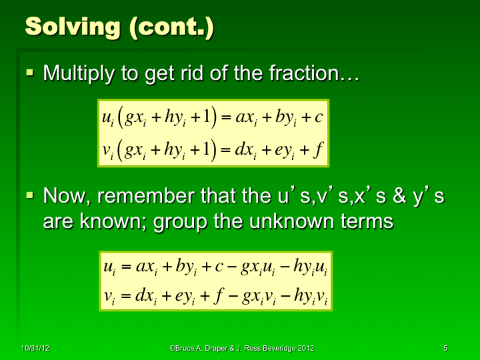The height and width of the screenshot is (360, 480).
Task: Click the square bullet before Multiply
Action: coord(29,71)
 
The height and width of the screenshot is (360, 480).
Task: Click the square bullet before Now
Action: coord(29,195)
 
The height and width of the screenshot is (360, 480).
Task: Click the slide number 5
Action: coord(445,349)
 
